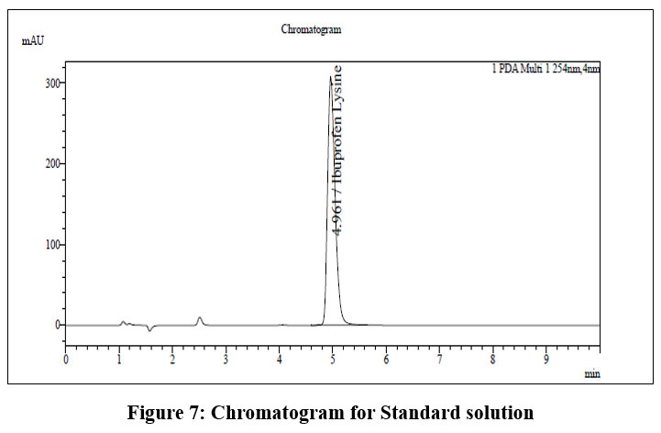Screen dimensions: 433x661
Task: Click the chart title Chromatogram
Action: [311, 29]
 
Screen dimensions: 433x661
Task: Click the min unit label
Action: [591, 374]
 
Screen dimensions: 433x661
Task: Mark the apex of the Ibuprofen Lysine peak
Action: [330, 77]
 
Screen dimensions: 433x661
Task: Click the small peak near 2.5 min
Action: [200, 318]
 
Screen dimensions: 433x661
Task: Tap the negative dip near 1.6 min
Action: [150, 329]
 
